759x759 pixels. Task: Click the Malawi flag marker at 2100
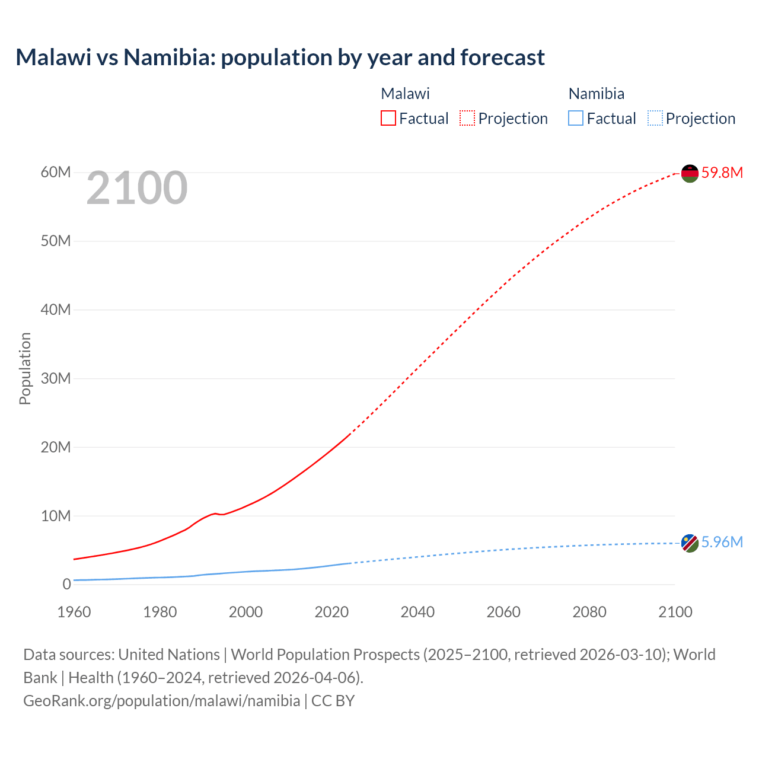click(x=690, y=173)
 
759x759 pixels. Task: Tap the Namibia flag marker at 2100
click(x=690, y=543)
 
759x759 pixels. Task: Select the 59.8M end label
click(x=722, y=173)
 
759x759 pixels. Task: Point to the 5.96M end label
click(x=722, y=542)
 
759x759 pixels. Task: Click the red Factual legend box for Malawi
click(x=388, y=119)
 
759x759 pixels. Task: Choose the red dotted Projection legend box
click(x=467, y=119)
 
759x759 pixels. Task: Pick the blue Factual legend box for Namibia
click(x=575, y=119)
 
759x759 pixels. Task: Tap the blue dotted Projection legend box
click(x=655, y=119)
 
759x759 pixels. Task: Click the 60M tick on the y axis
click(x=56, y=173)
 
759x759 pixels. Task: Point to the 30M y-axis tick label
click(x=56, y=378)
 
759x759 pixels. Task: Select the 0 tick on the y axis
click(x=66, y=584)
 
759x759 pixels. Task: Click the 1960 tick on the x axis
click(x=74, y=612)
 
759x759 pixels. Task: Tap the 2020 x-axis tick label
click(x=331, y=612)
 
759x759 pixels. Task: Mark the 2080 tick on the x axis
click(x=589, y=612)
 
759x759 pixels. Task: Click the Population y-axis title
click(x=25, y=368)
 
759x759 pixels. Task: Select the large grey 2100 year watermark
click(x=137, y=189)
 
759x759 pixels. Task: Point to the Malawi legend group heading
click(x=405, y=94)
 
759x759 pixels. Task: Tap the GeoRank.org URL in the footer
click(x=161, y=701)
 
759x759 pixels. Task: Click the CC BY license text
click(x=333, y=701)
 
